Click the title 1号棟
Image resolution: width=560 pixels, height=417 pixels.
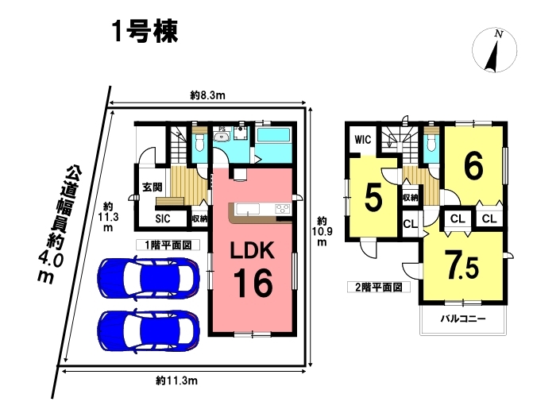(145, 32)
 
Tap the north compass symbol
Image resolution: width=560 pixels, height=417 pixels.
(494, 50)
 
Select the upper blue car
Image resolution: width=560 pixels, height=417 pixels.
(149, 278)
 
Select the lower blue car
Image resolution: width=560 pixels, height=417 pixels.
(149, 330)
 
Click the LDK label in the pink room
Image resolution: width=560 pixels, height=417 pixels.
(252, 250)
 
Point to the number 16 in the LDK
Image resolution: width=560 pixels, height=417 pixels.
(253, 283)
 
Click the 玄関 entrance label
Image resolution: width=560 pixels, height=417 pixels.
(153, 187)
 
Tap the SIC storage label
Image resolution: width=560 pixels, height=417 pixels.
(163, 218)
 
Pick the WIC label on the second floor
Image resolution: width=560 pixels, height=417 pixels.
(363, 140)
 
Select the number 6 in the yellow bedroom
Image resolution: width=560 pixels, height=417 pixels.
(473, 166)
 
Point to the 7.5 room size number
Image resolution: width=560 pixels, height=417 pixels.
(462, 264)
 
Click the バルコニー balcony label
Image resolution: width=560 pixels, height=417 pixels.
(463, 319)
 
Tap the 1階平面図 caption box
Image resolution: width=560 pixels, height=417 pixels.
(168, 245)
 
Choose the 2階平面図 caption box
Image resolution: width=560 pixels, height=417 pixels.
(379, 287)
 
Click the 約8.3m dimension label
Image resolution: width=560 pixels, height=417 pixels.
(207, 95)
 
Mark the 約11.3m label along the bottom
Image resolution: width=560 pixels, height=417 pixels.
(177, 380)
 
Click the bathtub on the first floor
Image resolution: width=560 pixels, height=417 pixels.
(273, 135)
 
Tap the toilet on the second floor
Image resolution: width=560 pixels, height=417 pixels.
(432, 141)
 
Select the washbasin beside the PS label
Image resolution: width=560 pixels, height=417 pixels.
(223, 136)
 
